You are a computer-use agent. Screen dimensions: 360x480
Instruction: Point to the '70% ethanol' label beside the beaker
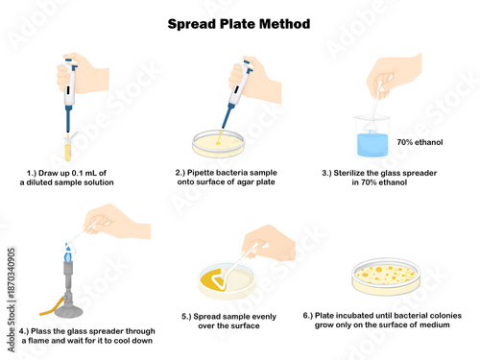pos(420,141)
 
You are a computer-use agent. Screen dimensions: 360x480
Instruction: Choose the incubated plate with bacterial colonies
pos(384,276)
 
